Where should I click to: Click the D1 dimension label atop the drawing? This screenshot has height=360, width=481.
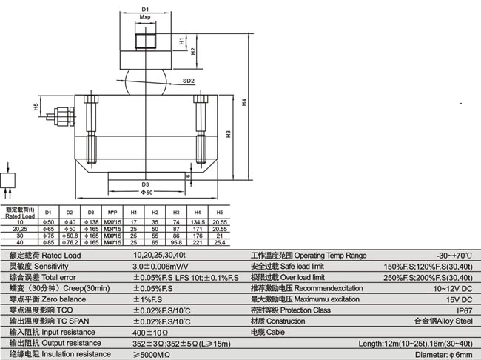point(145,9)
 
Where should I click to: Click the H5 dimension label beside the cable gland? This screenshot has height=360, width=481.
point(36,107)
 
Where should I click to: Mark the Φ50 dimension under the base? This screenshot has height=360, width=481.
point(147,193)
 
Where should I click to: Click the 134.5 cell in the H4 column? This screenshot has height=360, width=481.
point(198,221)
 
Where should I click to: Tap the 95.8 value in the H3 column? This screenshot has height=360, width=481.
point(176,241)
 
